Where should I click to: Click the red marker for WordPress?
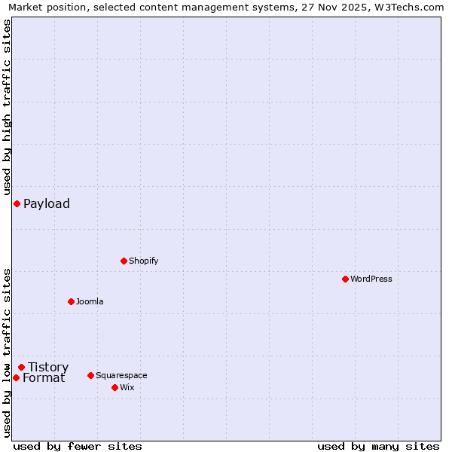345,279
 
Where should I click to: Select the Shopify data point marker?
124,261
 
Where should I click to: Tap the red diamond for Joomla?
71,301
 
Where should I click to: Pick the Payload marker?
17,203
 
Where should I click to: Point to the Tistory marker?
21,367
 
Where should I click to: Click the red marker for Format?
16,377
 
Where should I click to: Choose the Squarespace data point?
90,375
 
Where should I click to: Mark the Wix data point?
115,387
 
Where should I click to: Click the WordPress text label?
371,279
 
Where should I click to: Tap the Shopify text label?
143,261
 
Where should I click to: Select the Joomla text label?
90,301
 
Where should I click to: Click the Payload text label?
47,203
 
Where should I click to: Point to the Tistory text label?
48,367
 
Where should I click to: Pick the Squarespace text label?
121,375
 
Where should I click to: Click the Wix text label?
127,387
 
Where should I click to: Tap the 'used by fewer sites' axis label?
78,446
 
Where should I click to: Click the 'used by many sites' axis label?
378,446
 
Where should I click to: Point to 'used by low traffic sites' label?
7,353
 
